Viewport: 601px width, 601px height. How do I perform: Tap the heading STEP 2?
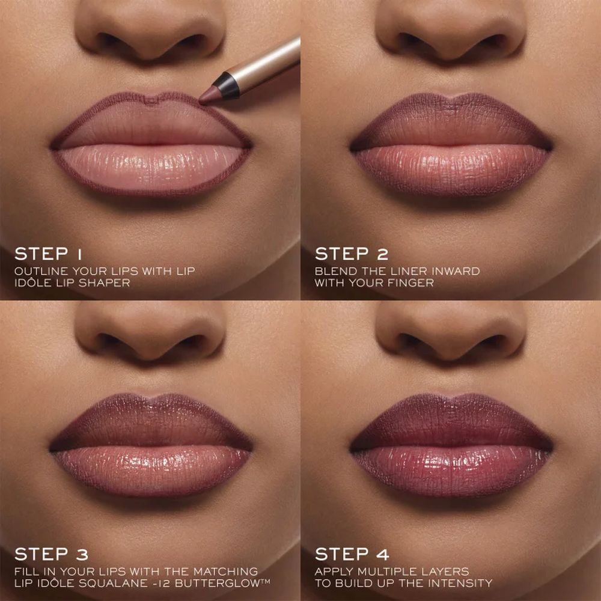click(351, 254)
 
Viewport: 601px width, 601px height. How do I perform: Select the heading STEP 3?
click(51, 554)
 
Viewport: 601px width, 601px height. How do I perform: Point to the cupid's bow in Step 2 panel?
click(451, 96)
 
